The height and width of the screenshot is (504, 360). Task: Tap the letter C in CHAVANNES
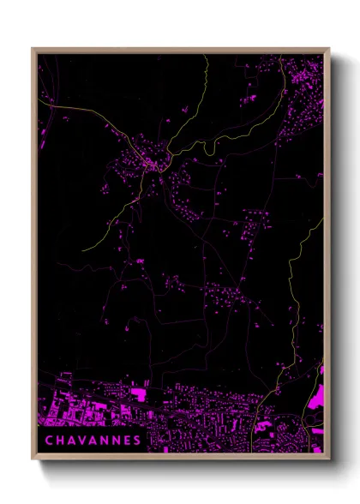point(47,440)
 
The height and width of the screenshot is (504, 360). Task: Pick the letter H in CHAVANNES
point(57,440)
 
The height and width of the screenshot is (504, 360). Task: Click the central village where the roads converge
point(153,161)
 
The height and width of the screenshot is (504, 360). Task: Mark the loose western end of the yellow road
point(83,249)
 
